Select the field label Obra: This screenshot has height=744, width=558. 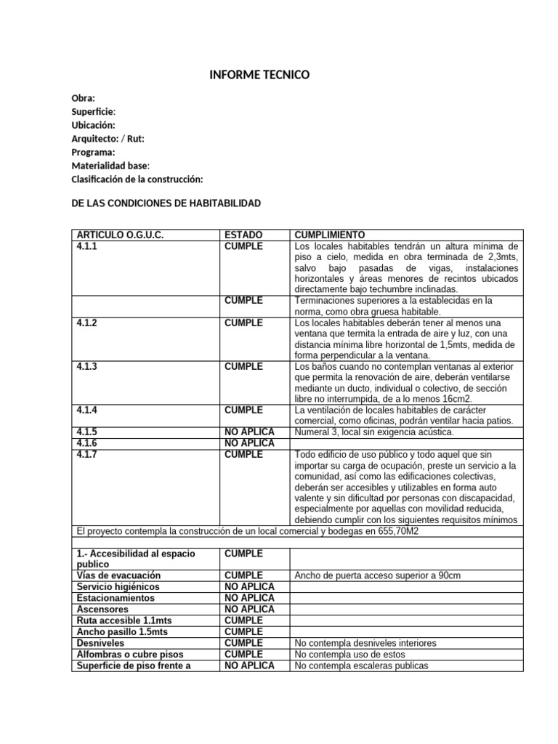coord(83,98)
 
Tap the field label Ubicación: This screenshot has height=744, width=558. coord(93,125)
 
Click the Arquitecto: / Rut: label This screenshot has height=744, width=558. coord(112,139)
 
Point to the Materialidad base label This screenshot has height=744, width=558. coord(110,166)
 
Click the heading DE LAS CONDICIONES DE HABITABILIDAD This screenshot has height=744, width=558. coord(166,203)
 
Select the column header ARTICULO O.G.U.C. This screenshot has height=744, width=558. coord(120,235)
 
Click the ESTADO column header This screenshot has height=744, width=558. coord(243,235)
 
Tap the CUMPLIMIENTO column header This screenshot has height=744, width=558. coord(330,235)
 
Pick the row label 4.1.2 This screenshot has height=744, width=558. coord(86,323)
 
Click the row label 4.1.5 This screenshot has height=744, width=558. coord(86,432)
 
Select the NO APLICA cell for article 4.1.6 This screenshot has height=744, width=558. coord(249,443)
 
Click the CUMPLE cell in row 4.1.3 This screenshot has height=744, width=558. coord(243,366)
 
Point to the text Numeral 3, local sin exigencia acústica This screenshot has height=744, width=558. coord(374,432)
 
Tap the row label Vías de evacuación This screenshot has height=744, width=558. coord(117,575)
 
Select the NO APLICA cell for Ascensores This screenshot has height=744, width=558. coord(249,609)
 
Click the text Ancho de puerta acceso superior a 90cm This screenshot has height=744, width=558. coord(378,575)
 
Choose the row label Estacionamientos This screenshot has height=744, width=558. coord(115,598)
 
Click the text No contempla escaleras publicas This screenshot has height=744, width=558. coord(362,666)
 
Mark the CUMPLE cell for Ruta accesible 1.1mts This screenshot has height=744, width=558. coord(243,620)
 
